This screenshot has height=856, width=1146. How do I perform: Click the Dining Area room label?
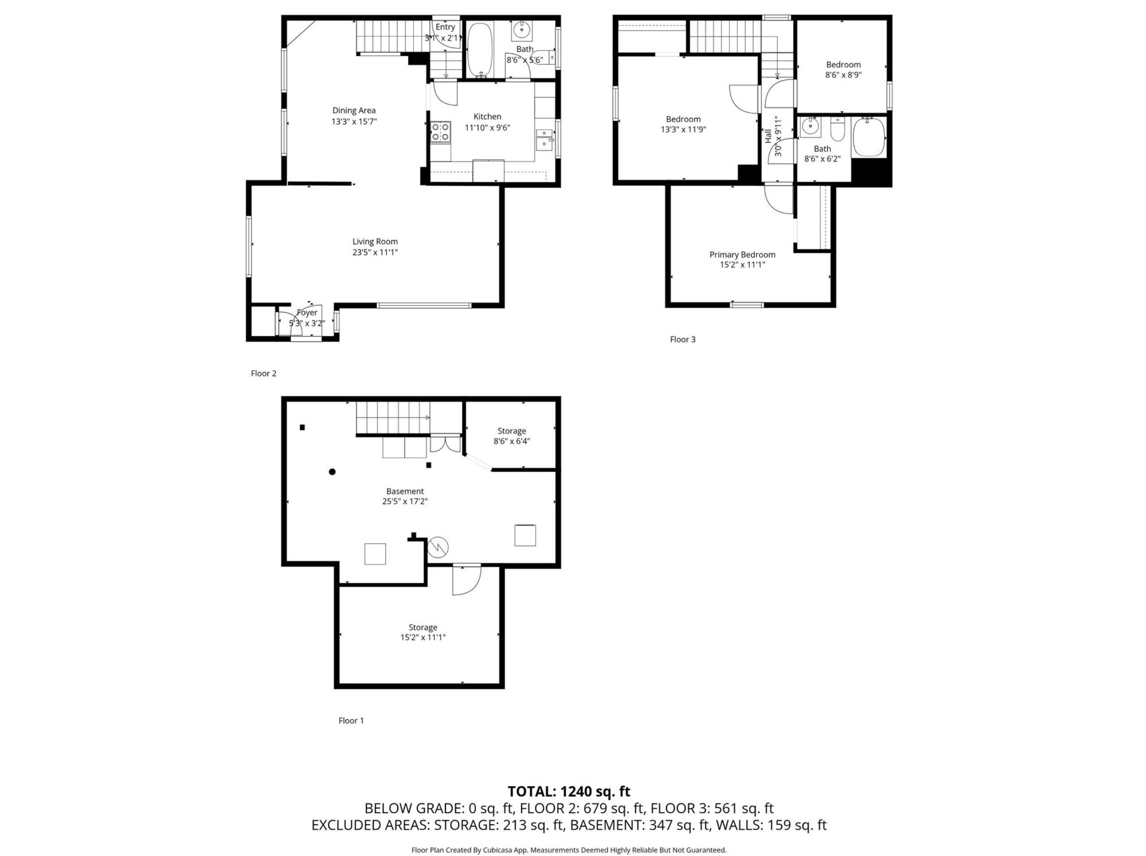point(354,110)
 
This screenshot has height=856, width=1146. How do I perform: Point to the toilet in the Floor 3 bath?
point(838,130)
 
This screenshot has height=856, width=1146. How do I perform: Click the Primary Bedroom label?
point(742,255)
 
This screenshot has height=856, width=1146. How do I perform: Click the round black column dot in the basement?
point(332,472)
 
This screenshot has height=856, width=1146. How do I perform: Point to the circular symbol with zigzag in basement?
point(438,547)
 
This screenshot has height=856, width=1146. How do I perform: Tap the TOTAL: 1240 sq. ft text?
point(569,792)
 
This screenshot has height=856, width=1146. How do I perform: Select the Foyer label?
point(307,313)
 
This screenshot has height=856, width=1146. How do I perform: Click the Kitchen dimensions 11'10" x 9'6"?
point(488,127)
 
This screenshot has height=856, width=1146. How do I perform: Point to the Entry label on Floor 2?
point(445,27)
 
